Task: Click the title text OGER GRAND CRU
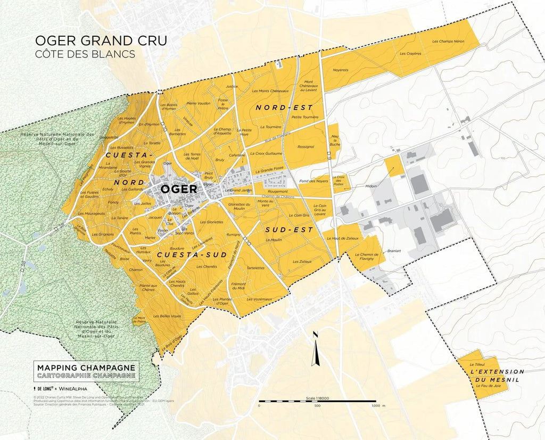pos(101,41)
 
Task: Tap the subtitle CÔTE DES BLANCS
pos(85,54)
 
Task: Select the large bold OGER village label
pos(178,189)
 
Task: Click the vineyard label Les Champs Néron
pos(448,41)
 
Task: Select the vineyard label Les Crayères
pos(410,54)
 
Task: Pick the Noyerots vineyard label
pos(340,70)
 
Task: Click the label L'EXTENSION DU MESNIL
pos(497,375)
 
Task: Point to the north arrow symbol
pos(316,349)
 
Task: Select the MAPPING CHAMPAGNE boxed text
pos(87,368)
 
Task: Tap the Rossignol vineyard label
pos(306,146)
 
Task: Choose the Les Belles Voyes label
pos(167,315)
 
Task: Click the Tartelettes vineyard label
pos(256,268)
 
